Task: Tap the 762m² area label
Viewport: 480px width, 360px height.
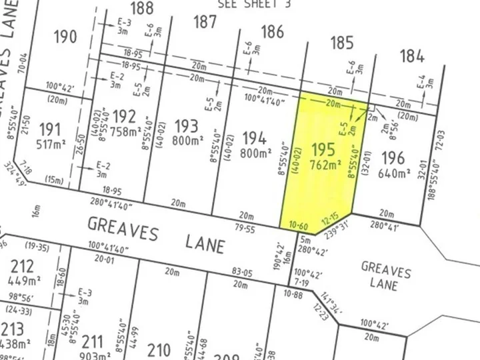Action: pos(325,163)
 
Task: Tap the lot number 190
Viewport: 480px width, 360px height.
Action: pos(65,37)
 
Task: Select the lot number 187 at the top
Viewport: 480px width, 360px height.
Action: pos(204,22)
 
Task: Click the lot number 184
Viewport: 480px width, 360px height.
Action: pos(412,57)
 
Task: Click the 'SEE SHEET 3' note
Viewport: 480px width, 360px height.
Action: pos(246,3)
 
